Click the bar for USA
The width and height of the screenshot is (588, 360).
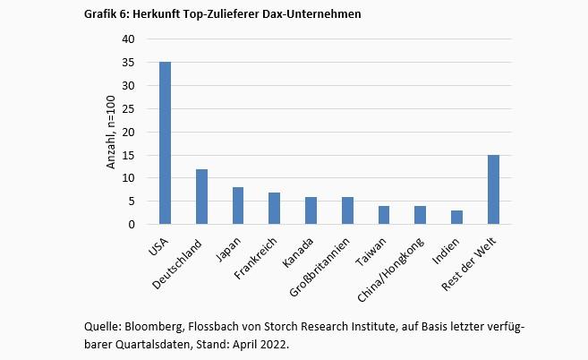[x=166, y=143]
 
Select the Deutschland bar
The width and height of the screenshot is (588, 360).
[x=202, y=197]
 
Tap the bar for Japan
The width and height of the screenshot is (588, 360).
[x=238, y=206]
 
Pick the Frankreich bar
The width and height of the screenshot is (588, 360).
[x=275, y=209]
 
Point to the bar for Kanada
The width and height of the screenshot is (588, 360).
[x=311, y=210]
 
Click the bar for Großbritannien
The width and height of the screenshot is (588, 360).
[x=347, y=210]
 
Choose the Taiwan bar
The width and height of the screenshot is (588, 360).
[x=384, y=216]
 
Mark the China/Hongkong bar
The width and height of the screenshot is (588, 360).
[x=421, y=216]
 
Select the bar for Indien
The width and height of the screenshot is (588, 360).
[x=456, y=218]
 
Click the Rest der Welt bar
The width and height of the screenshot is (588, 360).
[x=493, y=190]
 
